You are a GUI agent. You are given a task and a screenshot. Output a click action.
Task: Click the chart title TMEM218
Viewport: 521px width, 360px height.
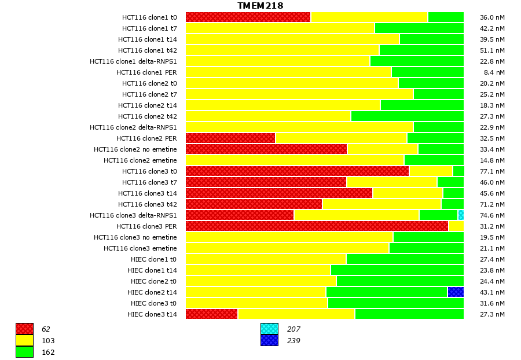click(260, 6)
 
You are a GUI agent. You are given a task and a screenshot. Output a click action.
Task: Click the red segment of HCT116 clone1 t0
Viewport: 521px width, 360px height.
click(248, 17)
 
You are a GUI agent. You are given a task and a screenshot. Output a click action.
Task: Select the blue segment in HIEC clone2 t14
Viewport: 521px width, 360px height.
click(456, 292)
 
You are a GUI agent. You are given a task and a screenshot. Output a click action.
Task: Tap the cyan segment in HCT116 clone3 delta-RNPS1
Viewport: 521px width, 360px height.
click(461, 215)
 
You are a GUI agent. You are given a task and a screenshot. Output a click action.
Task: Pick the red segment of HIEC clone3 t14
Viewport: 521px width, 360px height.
click(211, 314)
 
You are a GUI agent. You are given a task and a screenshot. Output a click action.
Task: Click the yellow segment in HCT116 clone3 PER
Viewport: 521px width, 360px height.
click(456, 226)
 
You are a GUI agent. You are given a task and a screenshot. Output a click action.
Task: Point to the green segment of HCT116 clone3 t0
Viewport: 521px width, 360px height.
click(458, 171)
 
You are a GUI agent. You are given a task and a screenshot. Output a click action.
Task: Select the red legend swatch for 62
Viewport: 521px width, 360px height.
click(24, 329)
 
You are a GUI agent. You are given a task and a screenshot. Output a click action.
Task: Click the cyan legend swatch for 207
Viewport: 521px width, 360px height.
click(269, 329)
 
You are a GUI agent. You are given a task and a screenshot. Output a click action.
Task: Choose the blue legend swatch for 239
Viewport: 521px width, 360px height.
click(269, 340)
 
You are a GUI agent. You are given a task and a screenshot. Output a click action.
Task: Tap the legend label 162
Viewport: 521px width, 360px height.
click(48, 352)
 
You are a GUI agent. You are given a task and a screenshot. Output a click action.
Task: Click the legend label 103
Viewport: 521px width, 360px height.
click(48, 341)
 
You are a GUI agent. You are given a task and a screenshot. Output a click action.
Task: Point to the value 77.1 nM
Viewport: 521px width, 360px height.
click(492, 171)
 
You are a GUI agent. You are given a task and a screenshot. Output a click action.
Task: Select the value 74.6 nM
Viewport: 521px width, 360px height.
click(492, 215)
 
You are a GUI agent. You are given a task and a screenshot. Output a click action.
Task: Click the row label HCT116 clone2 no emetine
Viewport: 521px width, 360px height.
click(135, 149)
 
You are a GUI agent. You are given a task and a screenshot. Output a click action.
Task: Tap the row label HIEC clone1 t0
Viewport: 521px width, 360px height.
click(153, 259)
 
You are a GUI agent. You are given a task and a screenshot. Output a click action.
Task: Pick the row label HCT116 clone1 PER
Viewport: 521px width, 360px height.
click(146, 72)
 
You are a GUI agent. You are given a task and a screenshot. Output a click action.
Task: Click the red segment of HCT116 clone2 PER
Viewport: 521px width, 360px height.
click(230, 138)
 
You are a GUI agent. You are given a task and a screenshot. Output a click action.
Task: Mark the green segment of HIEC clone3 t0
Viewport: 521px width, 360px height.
click(395, 303)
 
